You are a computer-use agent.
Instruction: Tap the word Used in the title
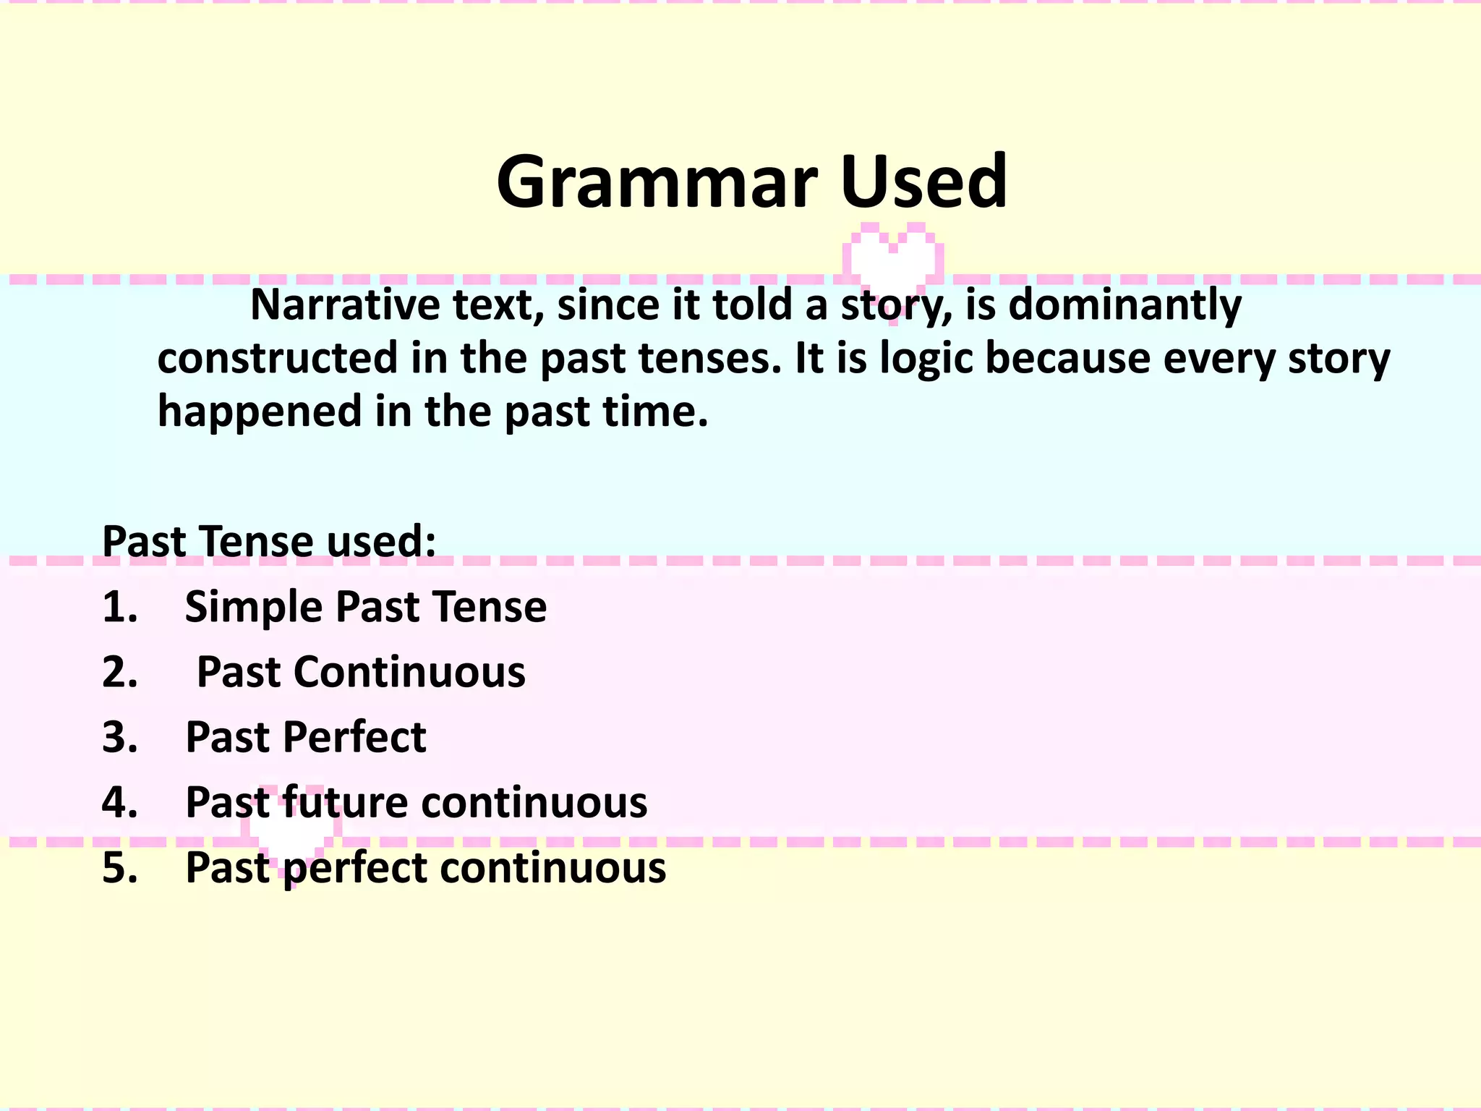click(x=923, y=182)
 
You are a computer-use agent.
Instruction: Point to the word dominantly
click(x=1124, y=305)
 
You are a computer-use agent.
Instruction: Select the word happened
click(x=260, y=412)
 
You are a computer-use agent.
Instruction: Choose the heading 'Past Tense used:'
click(x=269, y=541)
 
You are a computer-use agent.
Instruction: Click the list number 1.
click(x=119, y=606)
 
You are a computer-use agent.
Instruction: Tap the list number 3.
click(x=119, y=737)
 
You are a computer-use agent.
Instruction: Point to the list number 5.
click(x=119, y=867)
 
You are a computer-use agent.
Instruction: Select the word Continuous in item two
click(x=409, y=672)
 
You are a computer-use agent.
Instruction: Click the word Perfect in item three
click(x=354, y=737)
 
